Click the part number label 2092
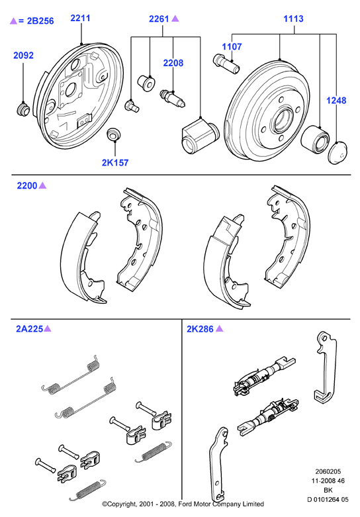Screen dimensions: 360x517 click(23, 55)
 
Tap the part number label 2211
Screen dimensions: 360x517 click(81, 18)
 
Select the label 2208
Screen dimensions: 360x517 click(173, 63)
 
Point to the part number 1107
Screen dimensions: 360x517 click(232, 46)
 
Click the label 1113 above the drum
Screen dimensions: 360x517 click(293, 19)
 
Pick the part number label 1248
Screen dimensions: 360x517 click(336, 100)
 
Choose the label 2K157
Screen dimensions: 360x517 click(115, 163)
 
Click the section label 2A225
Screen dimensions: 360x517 click(30, 329)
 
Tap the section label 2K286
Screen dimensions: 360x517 click(200, 329)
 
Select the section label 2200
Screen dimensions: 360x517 click(27, 185)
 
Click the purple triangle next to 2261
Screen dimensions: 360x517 click(175, 19)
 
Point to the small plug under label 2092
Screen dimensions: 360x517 click(23, 109)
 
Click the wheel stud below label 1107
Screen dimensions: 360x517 click(226, 64)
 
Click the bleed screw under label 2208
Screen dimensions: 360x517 click(173, 98)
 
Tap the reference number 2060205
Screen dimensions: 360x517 click(328, 471)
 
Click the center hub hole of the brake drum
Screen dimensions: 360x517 click(283, 120)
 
